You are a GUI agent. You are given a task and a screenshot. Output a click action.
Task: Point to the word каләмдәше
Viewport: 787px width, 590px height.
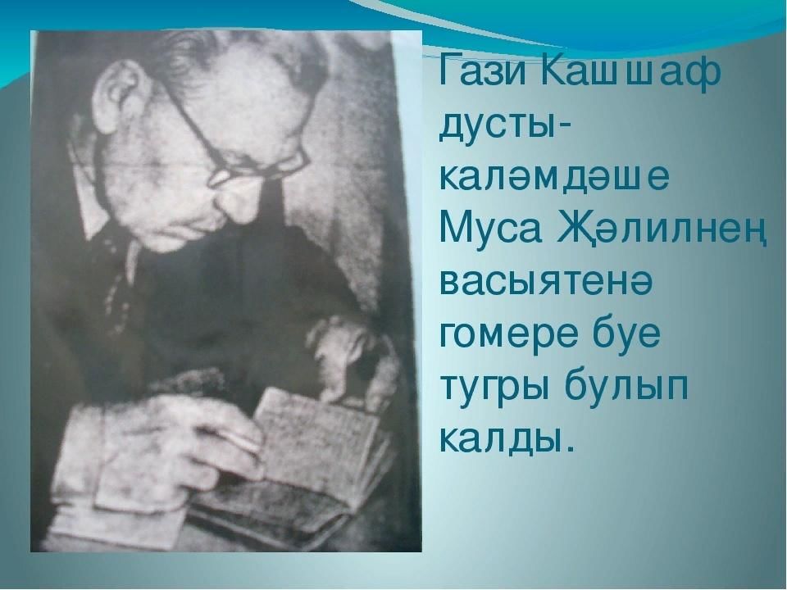tap(553, 178)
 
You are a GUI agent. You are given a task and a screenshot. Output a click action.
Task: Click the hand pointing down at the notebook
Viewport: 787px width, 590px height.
tap(346, 356)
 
